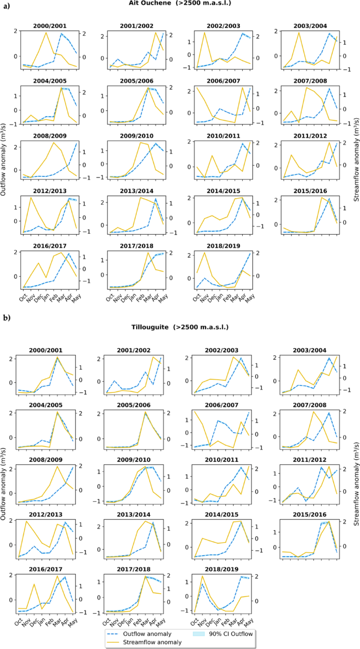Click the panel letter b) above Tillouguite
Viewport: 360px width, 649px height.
6,318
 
